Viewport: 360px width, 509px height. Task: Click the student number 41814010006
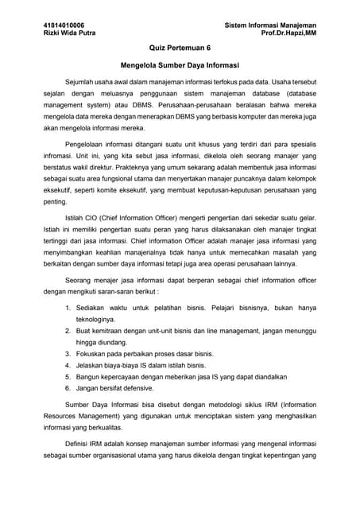tap(64, 25)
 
